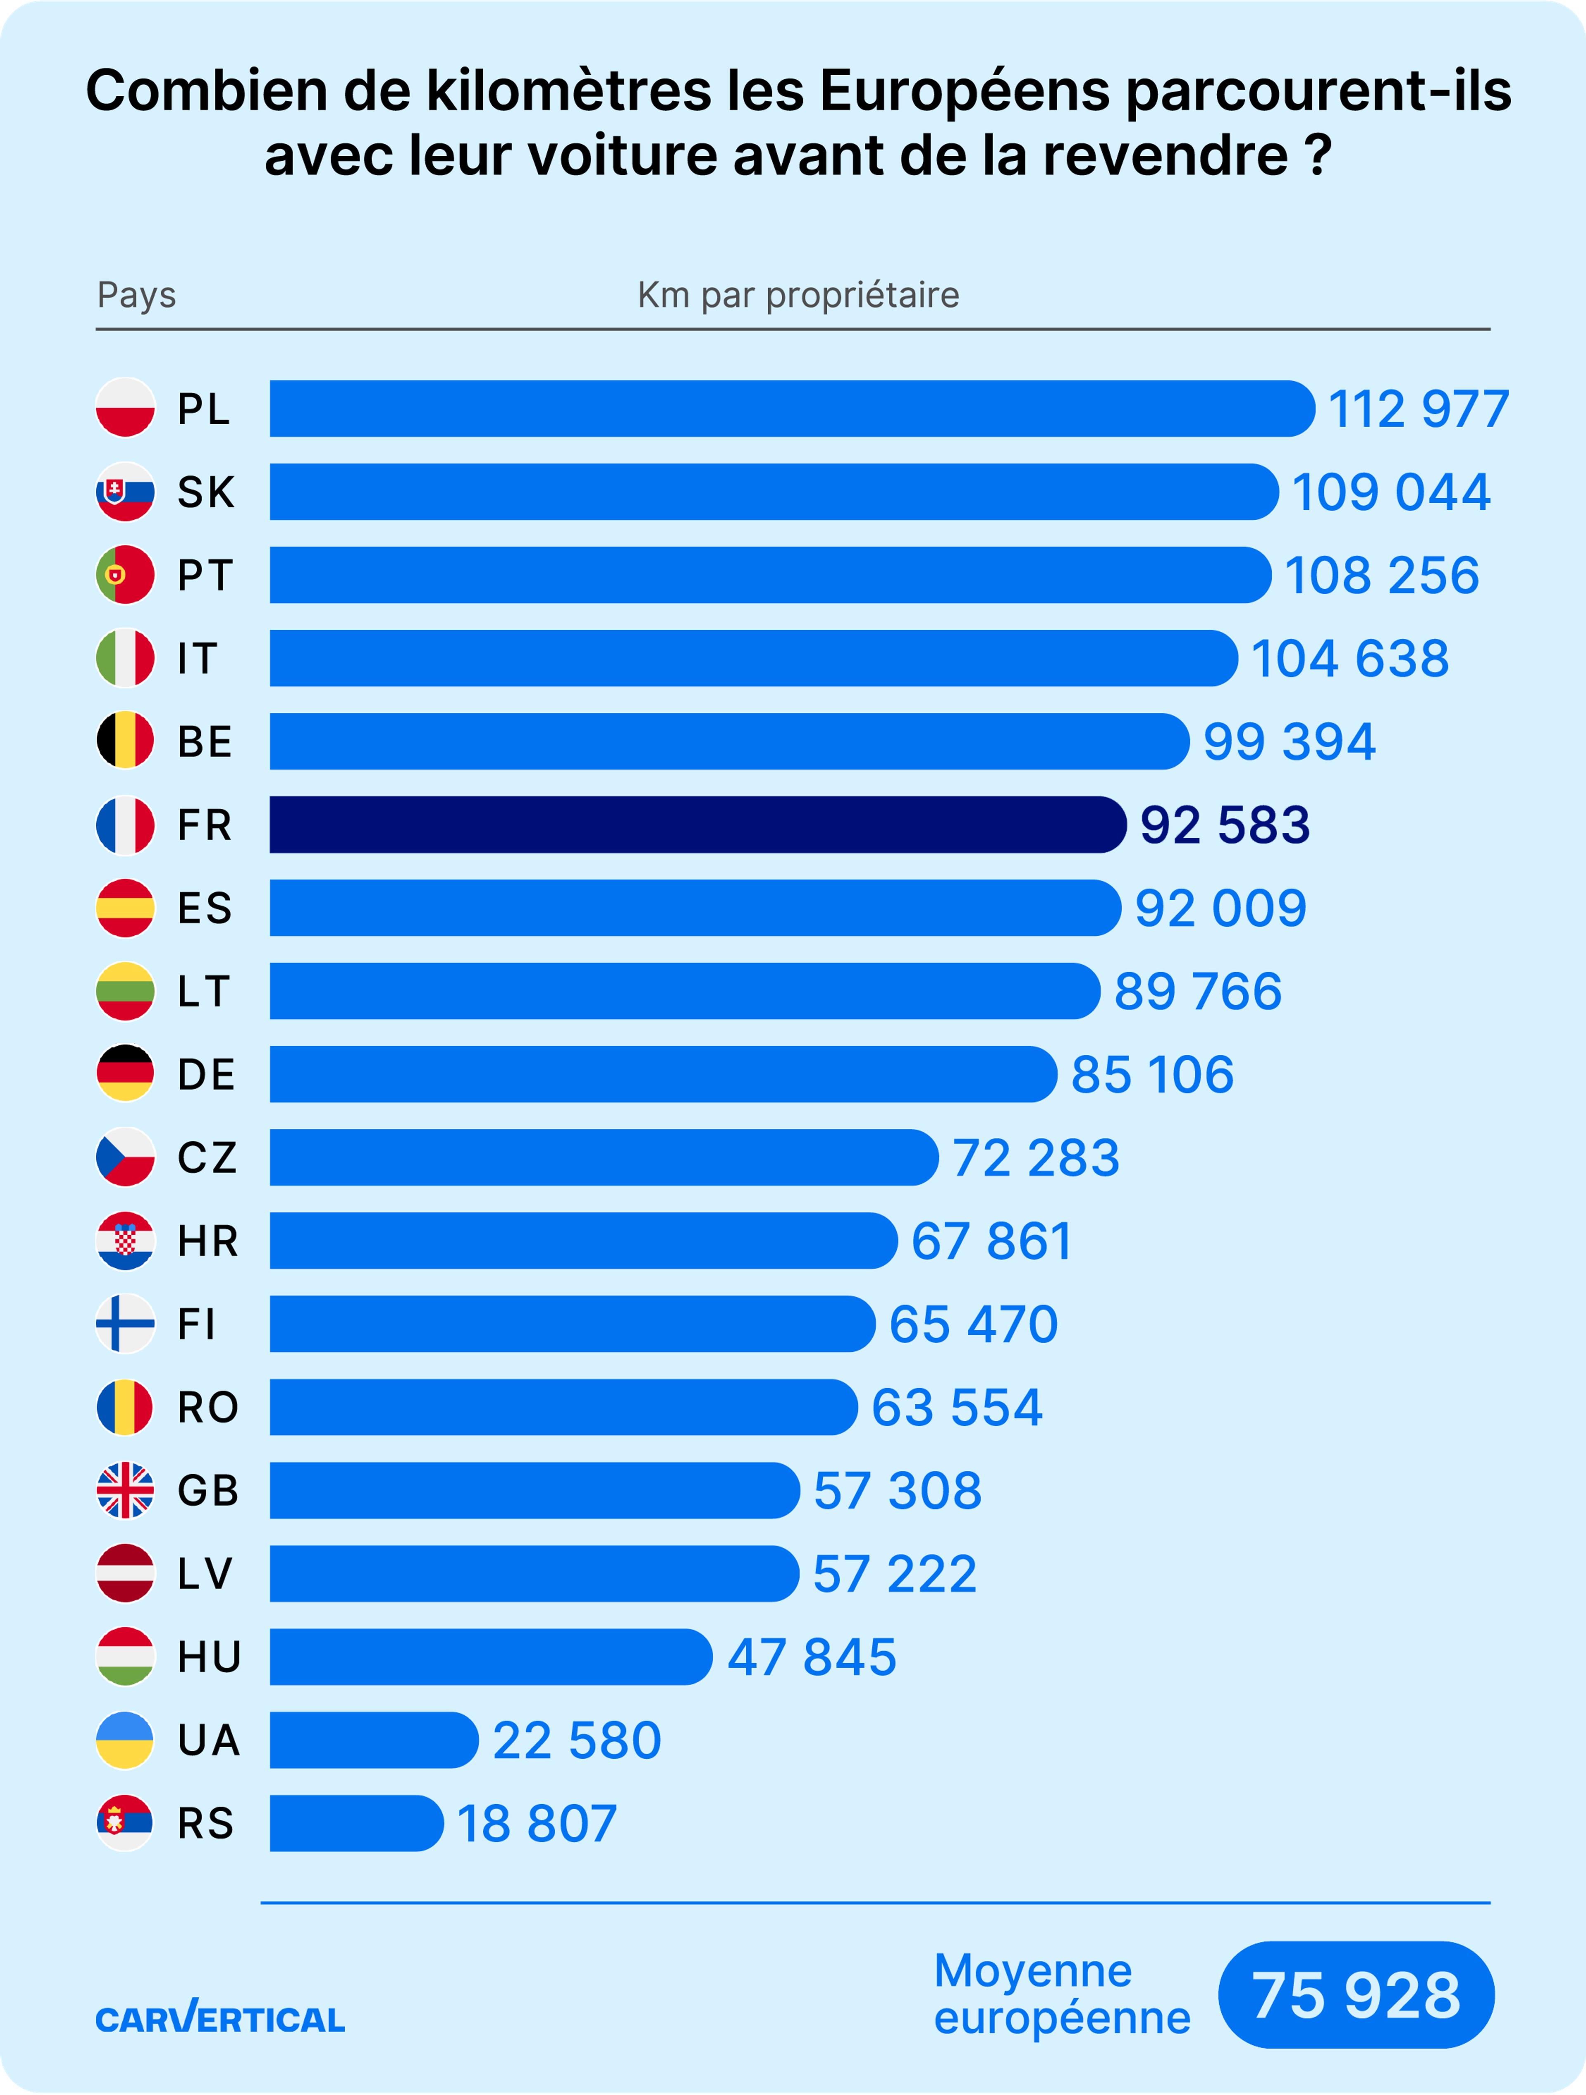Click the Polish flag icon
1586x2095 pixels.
(125, 408)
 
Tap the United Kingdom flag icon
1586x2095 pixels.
(125, 1490)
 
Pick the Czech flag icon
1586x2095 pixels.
(125, 1156)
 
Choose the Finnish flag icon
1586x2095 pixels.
(125, 1323)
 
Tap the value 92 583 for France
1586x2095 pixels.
(1224, 825)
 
